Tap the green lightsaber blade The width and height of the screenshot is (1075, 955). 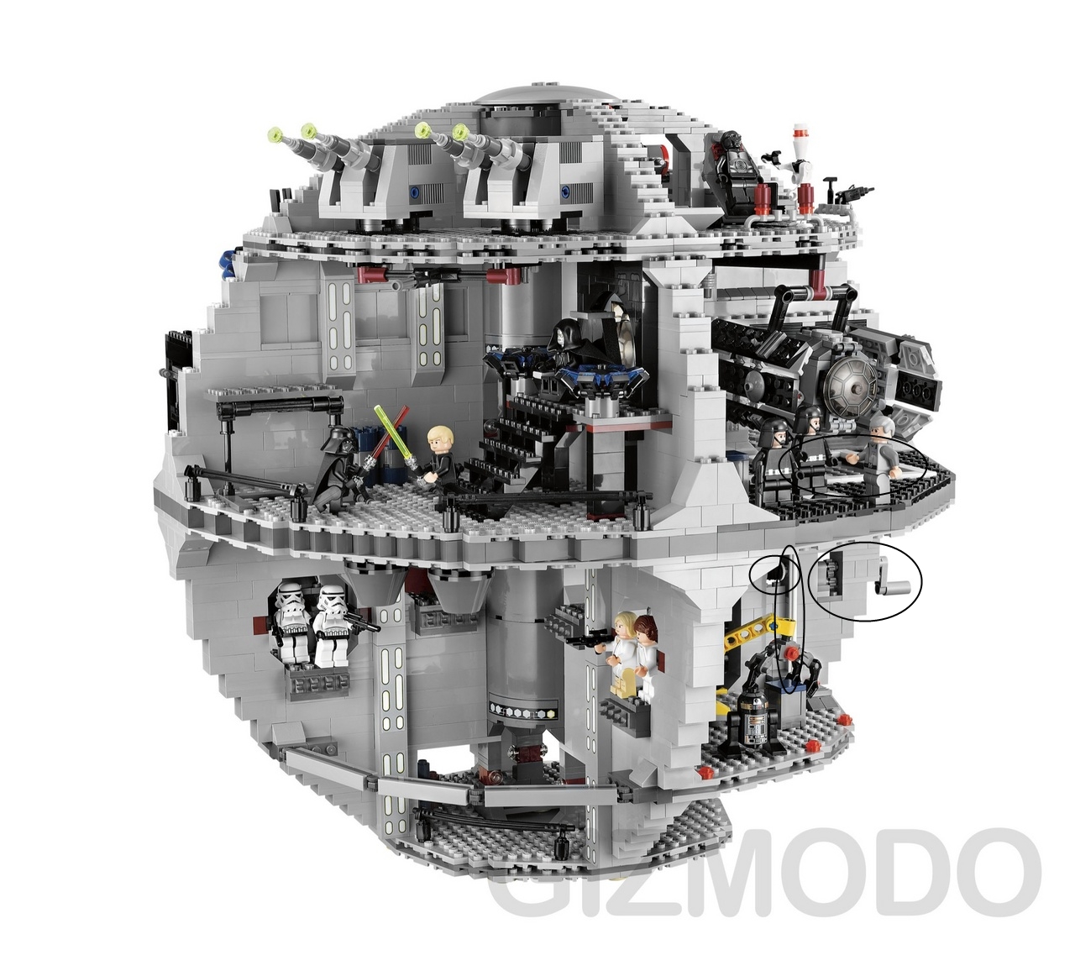(394, 432)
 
